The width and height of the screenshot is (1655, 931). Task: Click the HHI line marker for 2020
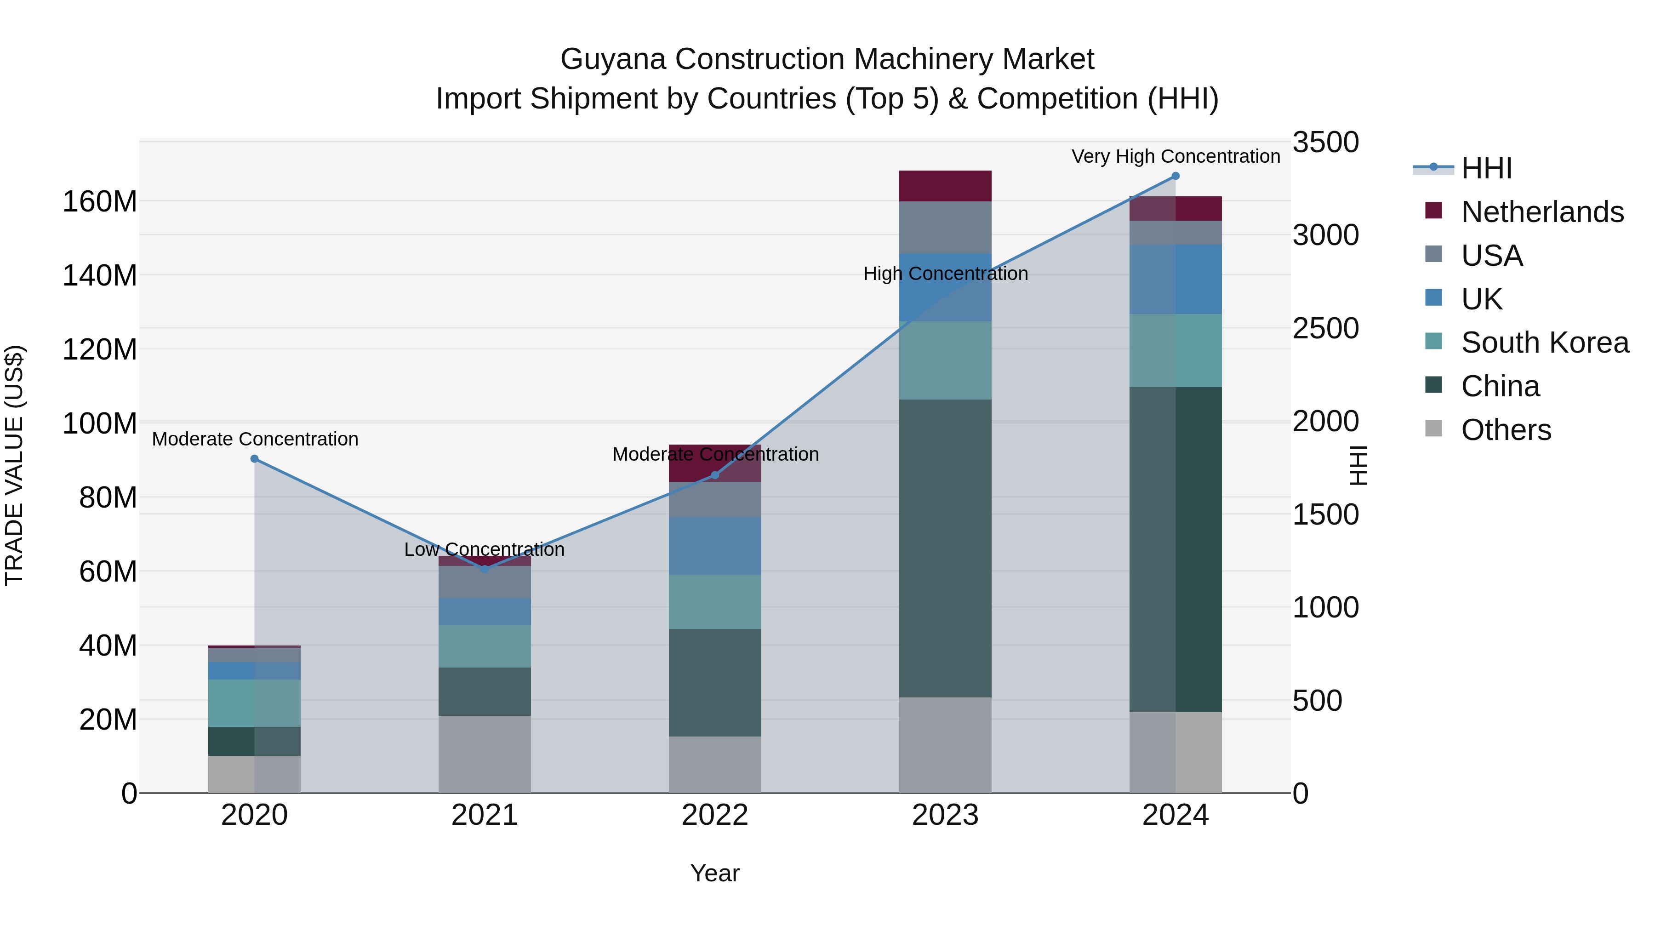coord(254,459)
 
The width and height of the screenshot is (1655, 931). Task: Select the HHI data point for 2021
coord(485,569)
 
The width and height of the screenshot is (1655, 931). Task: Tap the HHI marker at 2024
coord(1176,176)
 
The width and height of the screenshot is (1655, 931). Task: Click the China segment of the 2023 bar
coord(945,548)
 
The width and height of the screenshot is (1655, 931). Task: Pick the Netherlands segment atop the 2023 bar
coord(945,186)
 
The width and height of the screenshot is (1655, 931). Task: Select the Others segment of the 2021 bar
coord(485,754)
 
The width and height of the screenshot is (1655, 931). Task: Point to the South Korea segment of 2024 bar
coord(1176,350)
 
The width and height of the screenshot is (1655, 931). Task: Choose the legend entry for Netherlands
coord(1542,212)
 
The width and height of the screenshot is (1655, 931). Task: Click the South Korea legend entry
coord(1545,343)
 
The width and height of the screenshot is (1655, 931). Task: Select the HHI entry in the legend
coord(1486,168)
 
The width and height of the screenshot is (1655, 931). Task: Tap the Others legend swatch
coord(1434,428)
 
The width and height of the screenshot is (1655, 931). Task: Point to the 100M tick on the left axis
coord(100,424)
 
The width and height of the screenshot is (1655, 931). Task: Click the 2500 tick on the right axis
coord(1325,328)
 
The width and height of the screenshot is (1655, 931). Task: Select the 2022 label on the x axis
coord(715,815)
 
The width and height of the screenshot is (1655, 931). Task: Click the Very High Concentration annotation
coord(1176,156)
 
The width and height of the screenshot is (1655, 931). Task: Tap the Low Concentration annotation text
coord(485,549)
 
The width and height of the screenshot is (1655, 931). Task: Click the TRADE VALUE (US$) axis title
coord(14,465)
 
